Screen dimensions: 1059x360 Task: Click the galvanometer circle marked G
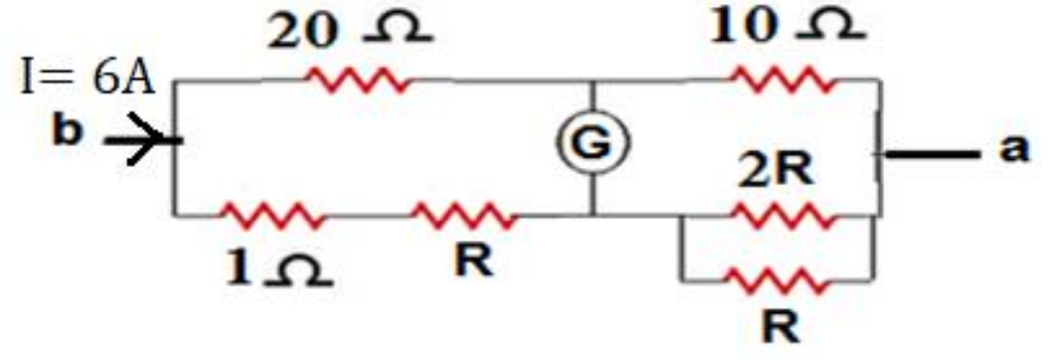(593, 144)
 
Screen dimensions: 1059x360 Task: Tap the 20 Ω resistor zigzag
(359, 82)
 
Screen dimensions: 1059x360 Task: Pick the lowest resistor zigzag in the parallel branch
(777, 279)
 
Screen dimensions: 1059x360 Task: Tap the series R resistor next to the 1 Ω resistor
(465, 216)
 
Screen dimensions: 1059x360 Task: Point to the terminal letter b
(69, 133)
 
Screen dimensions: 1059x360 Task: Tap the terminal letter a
(1015, 150)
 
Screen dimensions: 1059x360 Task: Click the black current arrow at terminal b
(143, 140)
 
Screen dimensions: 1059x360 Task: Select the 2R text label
(776, 174)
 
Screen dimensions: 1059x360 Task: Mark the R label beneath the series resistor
(473, 262)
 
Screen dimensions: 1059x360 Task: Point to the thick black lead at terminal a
(932, 155)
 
